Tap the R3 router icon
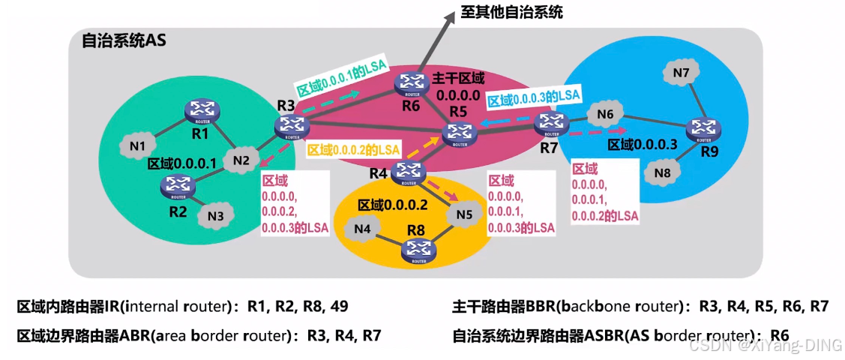(287, 128)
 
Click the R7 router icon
(551, 122)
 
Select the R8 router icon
(416, 251)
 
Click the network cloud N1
(137, 146)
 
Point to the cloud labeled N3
(216, 216)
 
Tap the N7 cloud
(682, 73)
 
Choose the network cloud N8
(661, 172)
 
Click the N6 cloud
(605, 115)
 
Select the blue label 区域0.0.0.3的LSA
(533, 97)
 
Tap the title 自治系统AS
(124, 40)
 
